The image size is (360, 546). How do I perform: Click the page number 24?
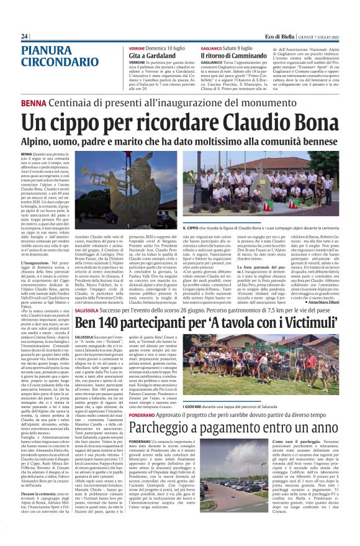click(x=25, y=36)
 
